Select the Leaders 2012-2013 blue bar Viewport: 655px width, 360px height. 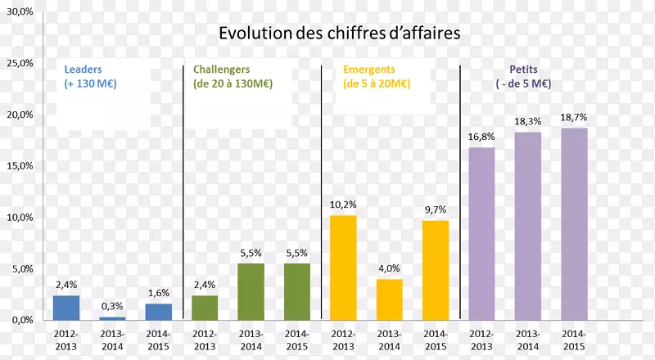tap(66, 308)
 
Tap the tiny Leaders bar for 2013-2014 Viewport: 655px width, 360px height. tap(112, 318)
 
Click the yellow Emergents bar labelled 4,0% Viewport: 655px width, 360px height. tap(389, 299)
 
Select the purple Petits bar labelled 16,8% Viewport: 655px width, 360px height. tap(481, 234)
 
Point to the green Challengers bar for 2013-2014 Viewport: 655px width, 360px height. tap(251, 291)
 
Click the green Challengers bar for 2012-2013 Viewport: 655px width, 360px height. tap(205, 308)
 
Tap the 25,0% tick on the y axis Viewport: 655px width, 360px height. tap(19, 63)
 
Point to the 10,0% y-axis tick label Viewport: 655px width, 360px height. tap(19, 218)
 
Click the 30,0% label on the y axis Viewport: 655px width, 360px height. tap(19, 11)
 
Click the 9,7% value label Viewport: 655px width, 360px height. tap(436, 210)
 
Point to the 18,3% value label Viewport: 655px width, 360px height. tap(527, 121)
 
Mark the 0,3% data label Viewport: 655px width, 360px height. tap(112, 306)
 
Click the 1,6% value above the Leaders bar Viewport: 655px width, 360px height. tap(159, 293)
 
